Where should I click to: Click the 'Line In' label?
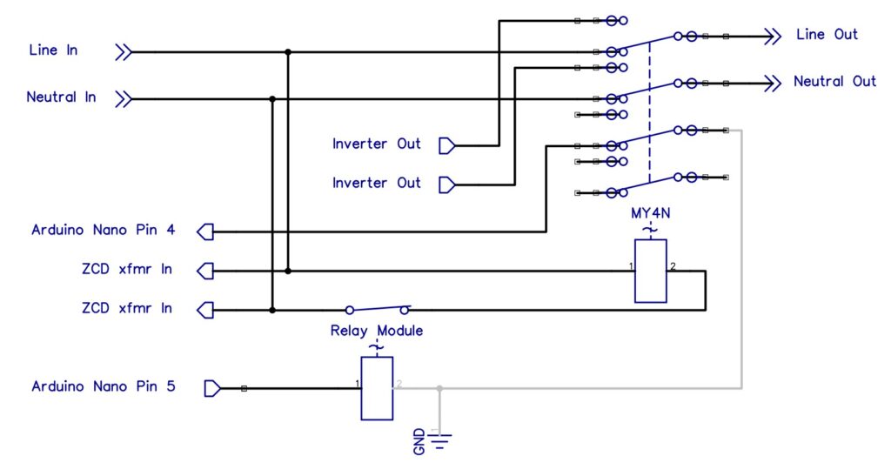pos(54,50)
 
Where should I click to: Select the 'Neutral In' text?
pos(61,97)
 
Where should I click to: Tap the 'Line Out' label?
pos(827,35)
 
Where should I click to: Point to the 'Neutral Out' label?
pos(834,81)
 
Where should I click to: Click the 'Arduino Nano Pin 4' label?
pos(104,231)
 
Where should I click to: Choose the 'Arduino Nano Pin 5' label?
pos(104,385)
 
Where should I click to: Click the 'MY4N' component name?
pos(649,213)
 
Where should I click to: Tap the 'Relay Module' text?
pos(376,330)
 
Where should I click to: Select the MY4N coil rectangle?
pos(650,271)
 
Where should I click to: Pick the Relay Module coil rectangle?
pos(377,388)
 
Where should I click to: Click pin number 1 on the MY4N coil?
pos(629,265)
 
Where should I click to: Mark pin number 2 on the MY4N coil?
pos(673,265)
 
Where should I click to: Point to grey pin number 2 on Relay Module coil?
pos(399,383)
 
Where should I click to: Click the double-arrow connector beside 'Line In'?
pos(124,52)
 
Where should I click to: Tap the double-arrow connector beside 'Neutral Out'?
pos(771,84)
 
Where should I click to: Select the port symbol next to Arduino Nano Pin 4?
pos(205,231)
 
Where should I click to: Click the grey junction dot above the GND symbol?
pos(439,388)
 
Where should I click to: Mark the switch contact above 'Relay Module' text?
pos(377,308)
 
